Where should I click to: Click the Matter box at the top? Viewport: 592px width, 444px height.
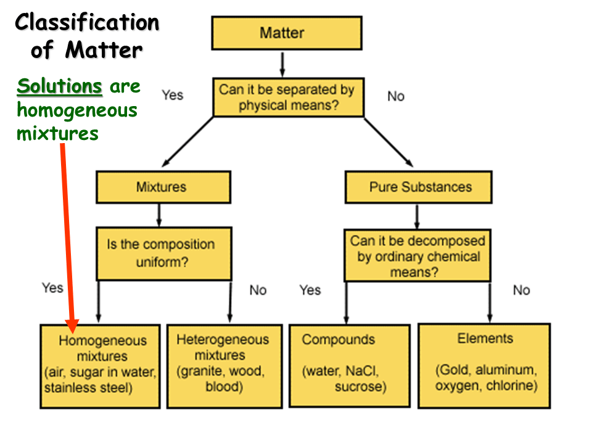pyautogui.click(x=286, y=33)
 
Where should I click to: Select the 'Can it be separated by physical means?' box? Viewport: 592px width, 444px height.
pyautogui.click(x=286, y=97)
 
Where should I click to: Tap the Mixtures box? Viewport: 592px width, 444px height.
pyautogui.click(x=163, y=187)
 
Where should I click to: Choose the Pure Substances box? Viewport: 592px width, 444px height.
pyautogui.click(x=418, y=187)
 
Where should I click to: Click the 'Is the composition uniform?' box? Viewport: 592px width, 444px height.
pyautogui.click(x=163, y=253)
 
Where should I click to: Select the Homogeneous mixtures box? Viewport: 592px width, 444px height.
pyautogui.click(x=101, y=365)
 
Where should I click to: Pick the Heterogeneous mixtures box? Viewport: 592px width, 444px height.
pyautogui.click(x=223, y=365)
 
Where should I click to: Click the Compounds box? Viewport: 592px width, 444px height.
pyautogui.click(x=349, y=365)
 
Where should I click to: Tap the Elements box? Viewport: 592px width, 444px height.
pyautogui.click(x=484, y=365)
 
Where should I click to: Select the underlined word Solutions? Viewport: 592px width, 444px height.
pyautogui.click(x=59, y=87)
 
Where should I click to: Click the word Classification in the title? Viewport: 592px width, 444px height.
pyautogui.click(x=87, y=23)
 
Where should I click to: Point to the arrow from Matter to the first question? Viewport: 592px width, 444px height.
pyautogui.click(x=282, y=64)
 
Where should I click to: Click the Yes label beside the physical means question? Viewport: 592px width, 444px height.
pyautogui.click(x=173, y=95)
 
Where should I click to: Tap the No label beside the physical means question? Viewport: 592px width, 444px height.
pyautogui.click(x=395, y=96)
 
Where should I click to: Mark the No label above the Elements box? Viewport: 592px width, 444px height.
pyautogui.click(x=521, y=290)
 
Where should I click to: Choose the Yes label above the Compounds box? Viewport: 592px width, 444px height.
pyautogui.click(x=310, y=290)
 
